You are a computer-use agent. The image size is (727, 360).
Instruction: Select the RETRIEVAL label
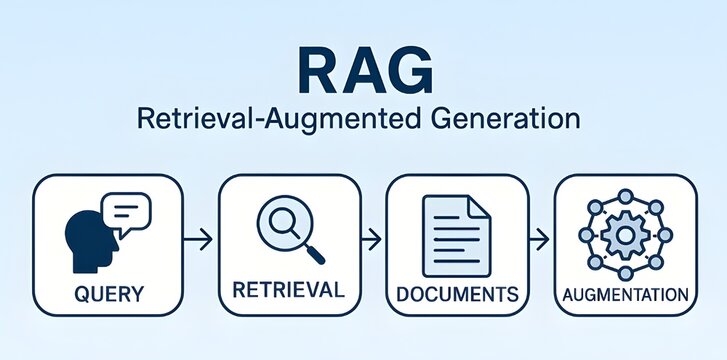[288, 290]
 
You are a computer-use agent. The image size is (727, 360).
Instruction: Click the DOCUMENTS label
[457, 295]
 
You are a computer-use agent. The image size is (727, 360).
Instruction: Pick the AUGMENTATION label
[625, 295]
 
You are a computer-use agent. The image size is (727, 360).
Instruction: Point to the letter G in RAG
[410, 70]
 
